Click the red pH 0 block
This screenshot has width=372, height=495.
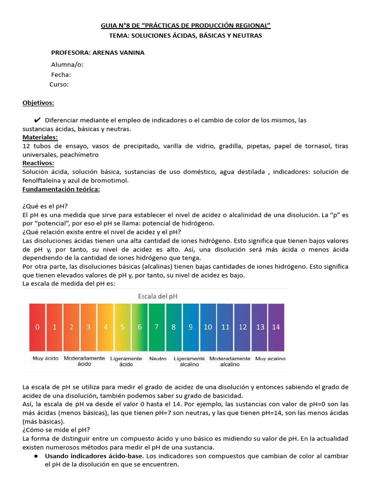coord(37,327)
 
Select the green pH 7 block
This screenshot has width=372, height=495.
coord(156,327)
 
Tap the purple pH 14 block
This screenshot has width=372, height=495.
coord(276,327)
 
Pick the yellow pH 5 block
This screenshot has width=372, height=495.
coord(123,327)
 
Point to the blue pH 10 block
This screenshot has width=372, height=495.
coord(208,327)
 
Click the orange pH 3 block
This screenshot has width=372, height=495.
coord(89,327)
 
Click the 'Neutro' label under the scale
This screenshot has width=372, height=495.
coord(158,359)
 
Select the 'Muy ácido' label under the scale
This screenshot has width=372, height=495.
coord(46,359)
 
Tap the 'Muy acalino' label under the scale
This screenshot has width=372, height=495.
coord(270,359)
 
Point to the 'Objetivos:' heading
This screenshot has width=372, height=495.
coord(38,103)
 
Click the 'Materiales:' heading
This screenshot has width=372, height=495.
coord(40,138)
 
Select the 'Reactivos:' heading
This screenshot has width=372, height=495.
coord(38,163)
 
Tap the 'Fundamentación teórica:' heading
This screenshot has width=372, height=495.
coord(61,189)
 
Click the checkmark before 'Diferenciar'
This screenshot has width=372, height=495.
coord(37,120)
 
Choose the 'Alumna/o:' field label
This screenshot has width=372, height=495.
coord(67,65)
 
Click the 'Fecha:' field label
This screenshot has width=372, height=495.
coord(61,74)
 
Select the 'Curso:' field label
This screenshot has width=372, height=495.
coord(59,84)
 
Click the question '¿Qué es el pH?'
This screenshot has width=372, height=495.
coord(45,206)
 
